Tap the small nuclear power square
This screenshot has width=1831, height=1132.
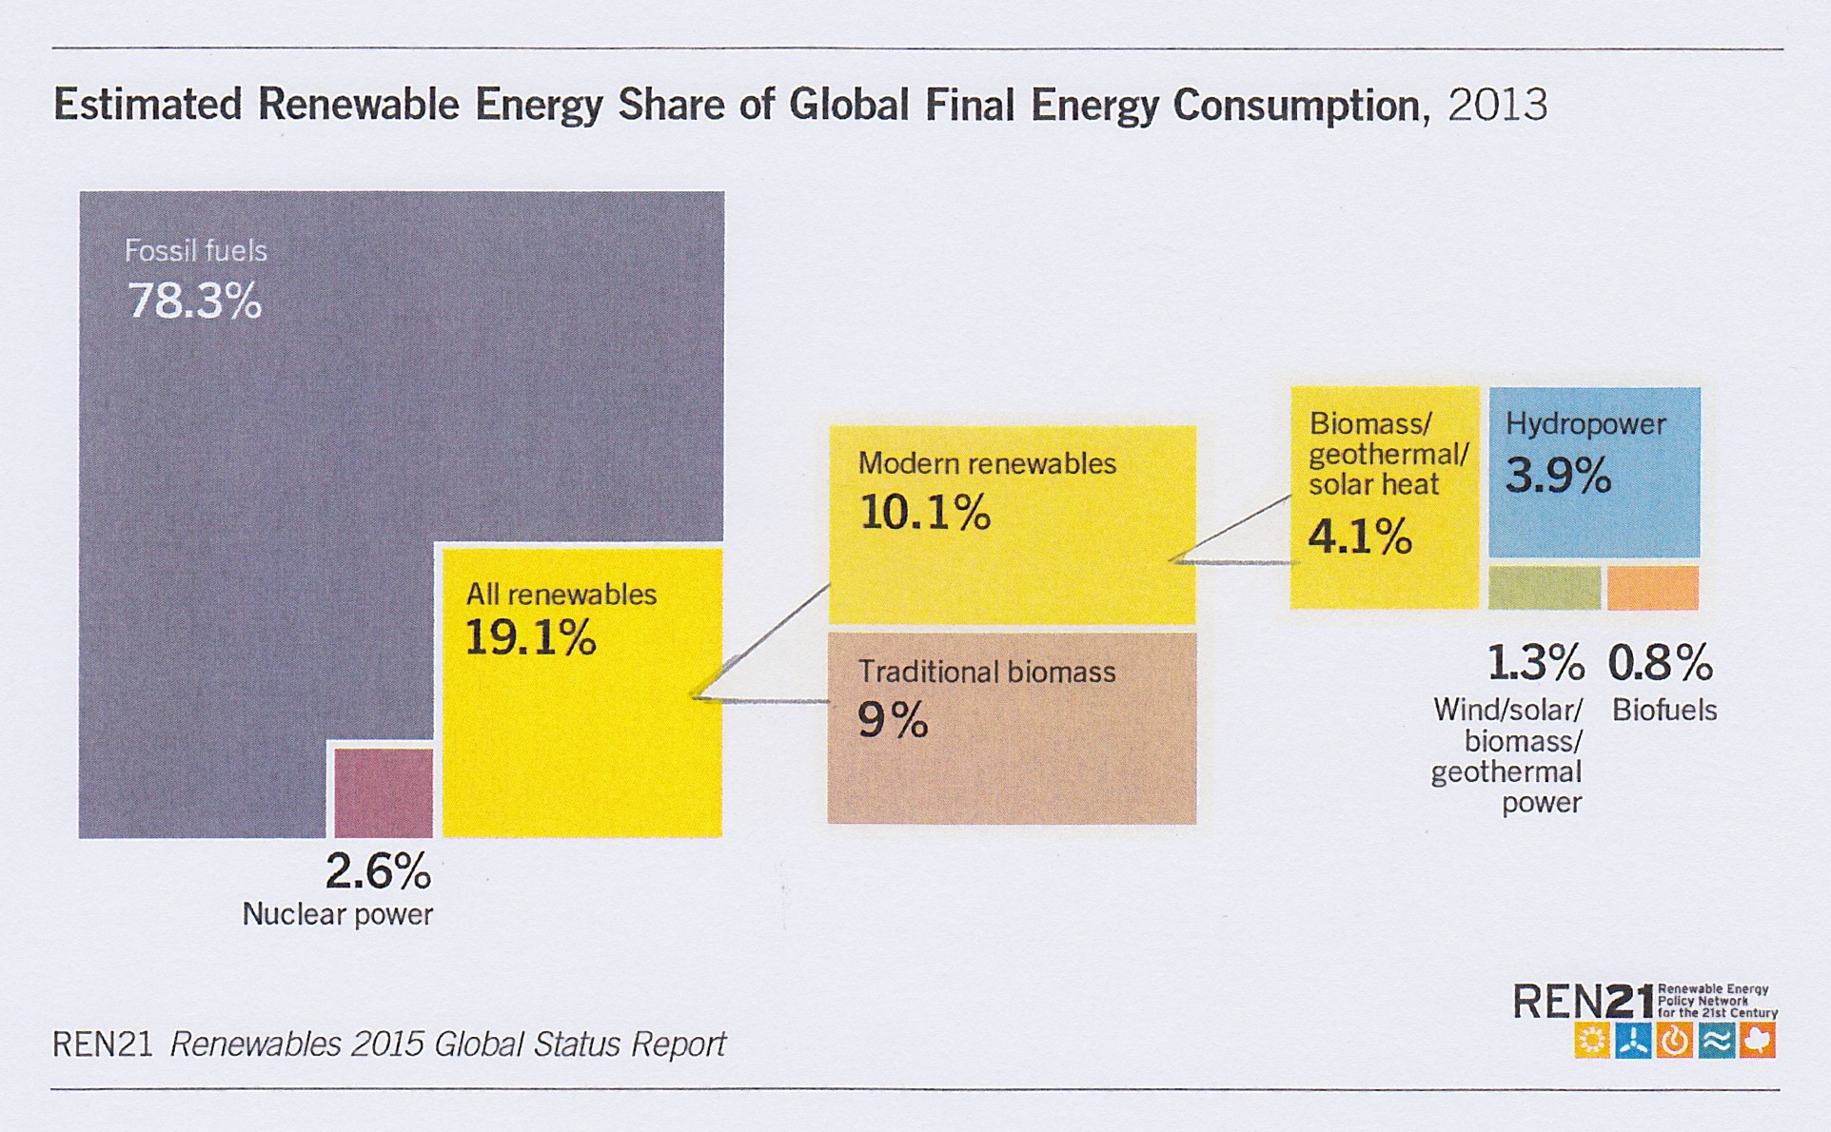point(383,791)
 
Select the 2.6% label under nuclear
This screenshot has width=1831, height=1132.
point(378,871)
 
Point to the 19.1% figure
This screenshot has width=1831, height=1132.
point(530,637)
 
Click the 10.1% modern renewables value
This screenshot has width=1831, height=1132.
point(925,513)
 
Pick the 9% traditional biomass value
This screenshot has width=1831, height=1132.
point(893,720)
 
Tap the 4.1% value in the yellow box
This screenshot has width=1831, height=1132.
point(1360,537)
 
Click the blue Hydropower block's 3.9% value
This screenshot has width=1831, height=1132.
point(1558,475)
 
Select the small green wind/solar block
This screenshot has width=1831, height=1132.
point(1544,588)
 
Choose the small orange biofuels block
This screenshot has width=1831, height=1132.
point(1653,588)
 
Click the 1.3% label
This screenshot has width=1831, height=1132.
point(1535,663)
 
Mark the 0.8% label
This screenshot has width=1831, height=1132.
point(1661,663)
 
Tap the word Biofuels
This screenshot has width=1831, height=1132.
point(1664,711)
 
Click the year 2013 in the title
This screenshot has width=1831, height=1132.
point(1498,105)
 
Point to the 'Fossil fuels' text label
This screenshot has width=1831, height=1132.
point(196,251)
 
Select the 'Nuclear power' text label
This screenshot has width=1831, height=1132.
point(338,914)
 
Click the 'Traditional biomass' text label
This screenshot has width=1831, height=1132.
point(987,673)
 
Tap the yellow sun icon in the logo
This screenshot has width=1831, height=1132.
point(1591,1041)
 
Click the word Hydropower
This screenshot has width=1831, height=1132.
point(1585,424)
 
